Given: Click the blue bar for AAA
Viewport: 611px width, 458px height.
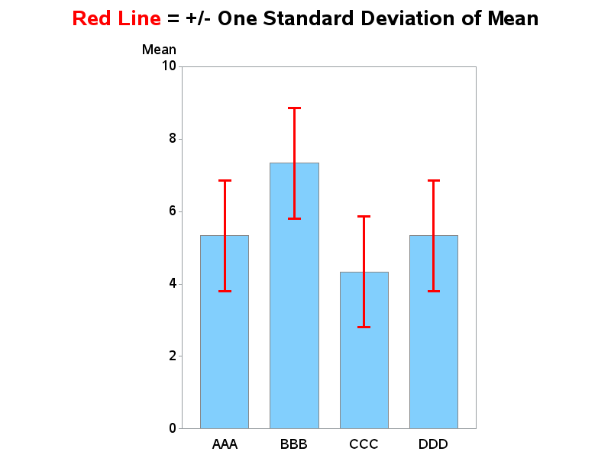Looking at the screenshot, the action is [225, 332].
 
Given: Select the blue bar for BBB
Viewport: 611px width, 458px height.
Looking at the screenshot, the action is [294, 295].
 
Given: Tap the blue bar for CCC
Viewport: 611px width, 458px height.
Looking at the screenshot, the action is [364, 350].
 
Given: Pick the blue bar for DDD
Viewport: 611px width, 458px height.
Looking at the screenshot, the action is [434, 332].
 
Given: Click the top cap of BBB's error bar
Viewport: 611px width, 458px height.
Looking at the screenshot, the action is [294, 108].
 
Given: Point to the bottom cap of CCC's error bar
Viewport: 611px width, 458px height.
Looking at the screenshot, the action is [364, 327].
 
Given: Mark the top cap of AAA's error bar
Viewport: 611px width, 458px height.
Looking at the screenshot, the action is [225, 181].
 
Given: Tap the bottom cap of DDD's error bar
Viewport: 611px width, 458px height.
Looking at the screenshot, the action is [434, 291].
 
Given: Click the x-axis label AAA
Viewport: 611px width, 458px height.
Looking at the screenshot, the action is [225, 444].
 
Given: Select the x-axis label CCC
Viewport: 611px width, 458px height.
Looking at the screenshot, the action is [364, 444].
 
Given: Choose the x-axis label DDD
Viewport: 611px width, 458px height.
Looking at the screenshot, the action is [433, 444].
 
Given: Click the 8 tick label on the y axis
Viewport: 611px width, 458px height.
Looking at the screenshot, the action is [173, 138].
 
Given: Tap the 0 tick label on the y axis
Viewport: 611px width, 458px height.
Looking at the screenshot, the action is [173, 428].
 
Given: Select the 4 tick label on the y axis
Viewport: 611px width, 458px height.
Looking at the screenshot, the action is [173, 283].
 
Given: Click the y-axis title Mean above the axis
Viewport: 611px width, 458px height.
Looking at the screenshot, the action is [159, 50].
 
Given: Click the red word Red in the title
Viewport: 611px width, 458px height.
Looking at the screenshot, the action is [92, 18].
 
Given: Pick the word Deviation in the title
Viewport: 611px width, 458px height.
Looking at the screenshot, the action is [408, 18].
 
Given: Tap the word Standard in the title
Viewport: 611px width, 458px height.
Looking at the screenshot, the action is [309, 18].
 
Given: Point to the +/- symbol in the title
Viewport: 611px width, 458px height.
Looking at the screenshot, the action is [199, 18].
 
